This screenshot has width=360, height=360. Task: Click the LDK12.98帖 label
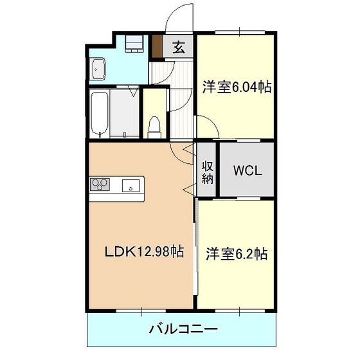click(x=144, y=252)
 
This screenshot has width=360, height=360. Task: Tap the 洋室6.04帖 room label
click(x=237, y=87)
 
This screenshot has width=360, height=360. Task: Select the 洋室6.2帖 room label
click(x=237, y=253)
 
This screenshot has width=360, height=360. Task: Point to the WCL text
click(x=248, y=170)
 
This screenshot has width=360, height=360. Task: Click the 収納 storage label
click(x=208, y=173)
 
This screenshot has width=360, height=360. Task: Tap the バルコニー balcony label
click(x=183, y=329)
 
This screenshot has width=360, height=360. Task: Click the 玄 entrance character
click(x=179, y=48)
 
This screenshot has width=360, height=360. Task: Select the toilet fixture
click(x=154, y=128)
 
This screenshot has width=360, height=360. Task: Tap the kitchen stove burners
click(x=100, y=184)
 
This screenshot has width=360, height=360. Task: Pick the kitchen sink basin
click(x=130, y=186)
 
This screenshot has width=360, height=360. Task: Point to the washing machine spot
click(x=134, y=44)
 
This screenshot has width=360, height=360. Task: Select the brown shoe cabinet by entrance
click(x=157, y=46)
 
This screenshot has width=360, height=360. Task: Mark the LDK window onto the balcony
click(x=141, y=310)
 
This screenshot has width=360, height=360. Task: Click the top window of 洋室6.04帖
click(x=240, y=32)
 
